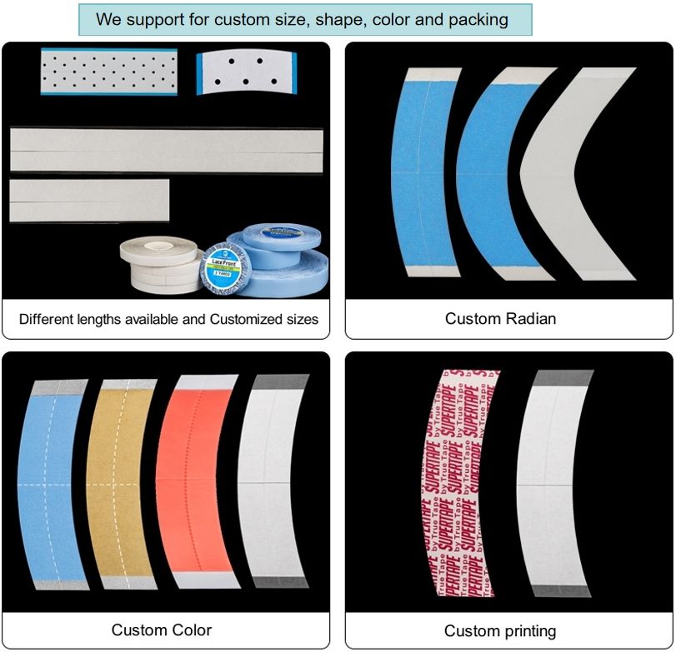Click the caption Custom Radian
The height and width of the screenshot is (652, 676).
pos(500,319)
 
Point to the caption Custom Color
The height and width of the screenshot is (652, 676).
pos(162,630)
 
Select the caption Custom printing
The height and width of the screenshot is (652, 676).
pos(500,631)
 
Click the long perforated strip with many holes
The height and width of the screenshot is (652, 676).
pos(108,71)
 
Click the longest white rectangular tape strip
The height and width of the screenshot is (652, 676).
pos(166,150)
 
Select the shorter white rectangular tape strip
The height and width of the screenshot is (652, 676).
pos(89,201)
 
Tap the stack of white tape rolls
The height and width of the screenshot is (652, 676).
pos(158,262)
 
